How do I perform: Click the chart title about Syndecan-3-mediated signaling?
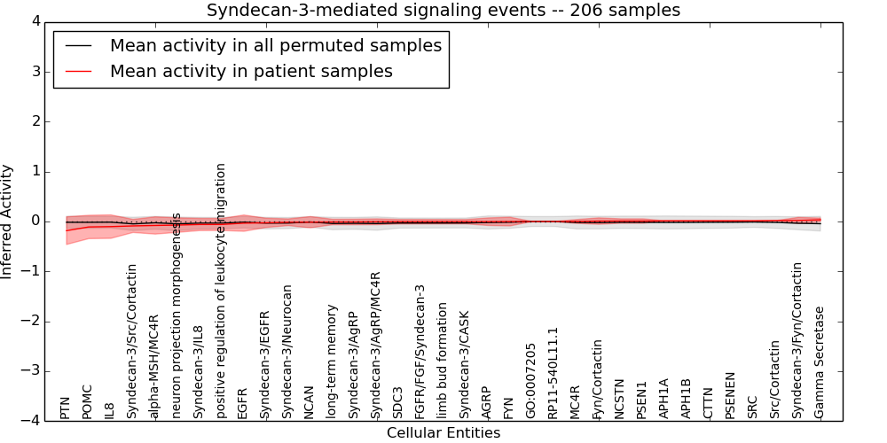point(443,11)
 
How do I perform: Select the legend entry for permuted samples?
point(275,45)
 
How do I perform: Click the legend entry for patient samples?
point(250,71)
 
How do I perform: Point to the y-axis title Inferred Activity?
point(8,221)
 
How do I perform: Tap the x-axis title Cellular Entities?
point(443,433)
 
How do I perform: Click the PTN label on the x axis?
point(66,408)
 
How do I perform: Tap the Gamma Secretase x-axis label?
point(820,362)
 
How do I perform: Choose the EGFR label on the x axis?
point(243,401)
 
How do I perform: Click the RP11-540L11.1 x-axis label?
point(553,373)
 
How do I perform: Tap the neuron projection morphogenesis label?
point(177,315)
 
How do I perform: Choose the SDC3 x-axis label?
point(398,402)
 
